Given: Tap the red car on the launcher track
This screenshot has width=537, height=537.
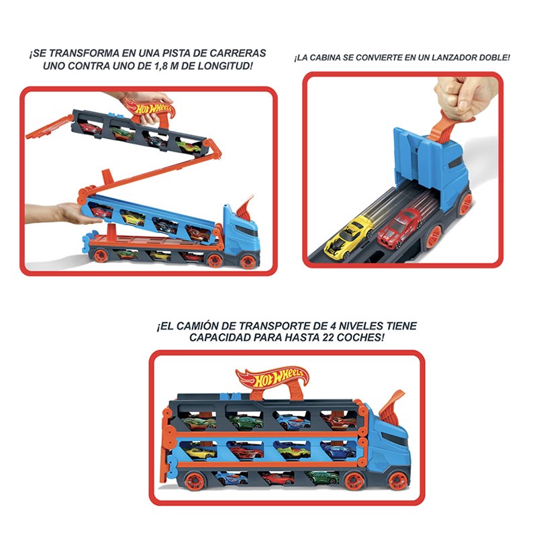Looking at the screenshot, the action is (x=399, y=227).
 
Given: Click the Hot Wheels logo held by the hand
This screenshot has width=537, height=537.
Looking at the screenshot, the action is (x=150, y=108).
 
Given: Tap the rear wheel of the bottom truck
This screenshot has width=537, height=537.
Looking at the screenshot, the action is (x=194, y=481).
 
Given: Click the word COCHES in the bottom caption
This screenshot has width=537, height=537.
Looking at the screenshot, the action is (x=360, y=338).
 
